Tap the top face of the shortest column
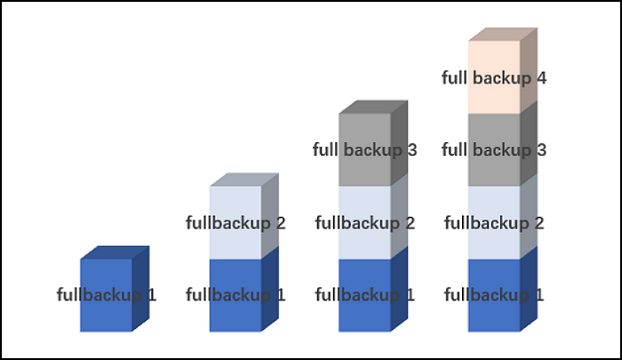click(x=115, y=252)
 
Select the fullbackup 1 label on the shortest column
click(x=107, y=294)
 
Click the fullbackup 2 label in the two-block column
click(x=235, y=222)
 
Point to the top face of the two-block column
click(x=244, y=180)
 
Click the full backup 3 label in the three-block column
click(x=364, y=149)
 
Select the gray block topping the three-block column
click(x=364, y=129)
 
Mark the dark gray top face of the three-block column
click(x=373, y=107)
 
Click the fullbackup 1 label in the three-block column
click(x=364, y=294)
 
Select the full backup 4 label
click(x=494, y=77)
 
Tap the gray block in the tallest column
click(x=494, y=169)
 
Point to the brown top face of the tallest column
click(x=503, y=34)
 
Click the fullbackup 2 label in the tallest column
click(x=494, y=222)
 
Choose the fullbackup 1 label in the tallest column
click(x=494, y=294)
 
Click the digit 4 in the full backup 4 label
click(x=540, y=77)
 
